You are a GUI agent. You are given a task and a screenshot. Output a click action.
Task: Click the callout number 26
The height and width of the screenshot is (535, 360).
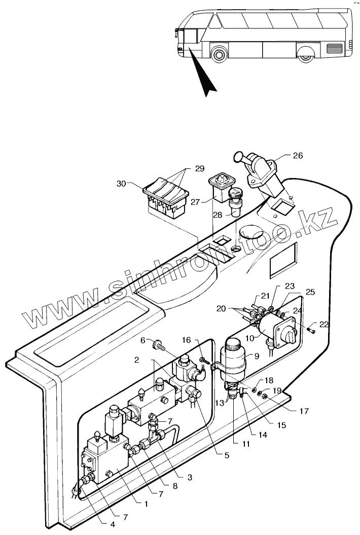298,156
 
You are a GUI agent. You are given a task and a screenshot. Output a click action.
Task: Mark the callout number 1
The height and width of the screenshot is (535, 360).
146,505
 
